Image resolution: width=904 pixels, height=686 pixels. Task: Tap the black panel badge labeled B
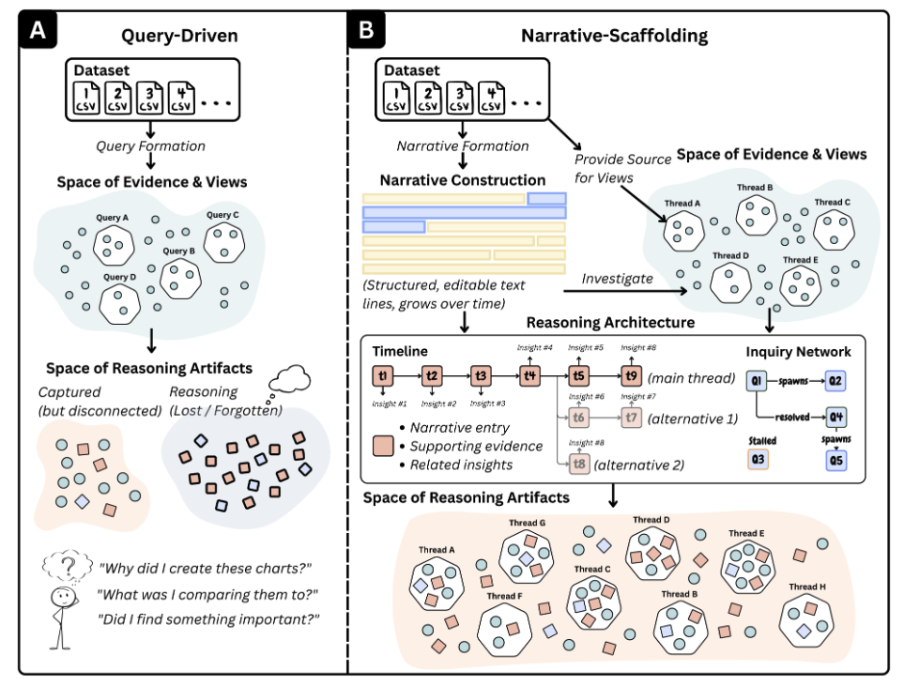pyautogui.click(x=367, y=30)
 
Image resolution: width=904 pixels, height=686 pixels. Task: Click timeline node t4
pyautogui.click(x=531, y=376)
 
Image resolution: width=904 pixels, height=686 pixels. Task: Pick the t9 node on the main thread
pyautogui.click(x=631, y=376)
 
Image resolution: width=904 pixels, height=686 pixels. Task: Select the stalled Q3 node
pyautogui.click(x=757, y=460)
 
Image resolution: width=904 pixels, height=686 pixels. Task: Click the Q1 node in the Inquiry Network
pyautogui.click(x=757, y=380)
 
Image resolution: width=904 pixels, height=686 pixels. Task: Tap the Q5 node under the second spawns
pyautogui.click(x=835, y=460)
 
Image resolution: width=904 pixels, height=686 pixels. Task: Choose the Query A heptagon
pyautogui.click(x=114, y=242)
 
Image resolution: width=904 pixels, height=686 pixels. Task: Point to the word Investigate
pyautogui.click(x=617, y=278)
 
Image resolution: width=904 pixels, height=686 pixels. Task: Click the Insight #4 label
pyautogui.click(x=533, y=348)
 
